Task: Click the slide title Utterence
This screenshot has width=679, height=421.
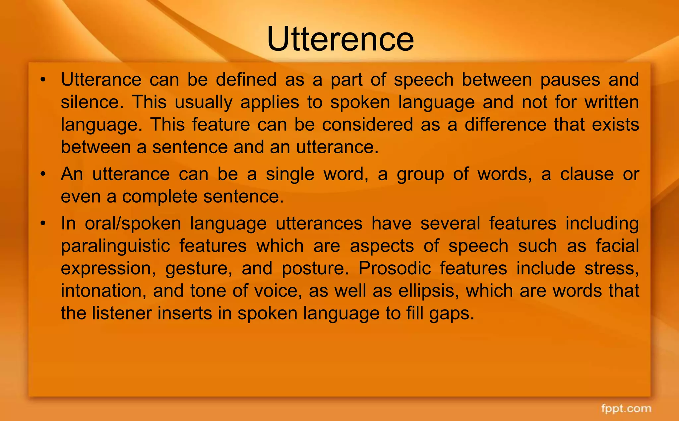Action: tap(340, 39)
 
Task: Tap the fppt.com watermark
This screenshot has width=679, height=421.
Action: tap(626, 408)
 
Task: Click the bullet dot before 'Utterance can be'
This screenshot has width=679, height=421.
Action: tap(43, 80)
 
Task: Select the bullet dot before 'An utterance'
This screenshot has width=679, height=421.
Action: tap(43, 174)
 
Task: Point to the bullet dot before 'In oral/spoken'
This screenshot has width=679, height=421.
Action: tap(43, 223)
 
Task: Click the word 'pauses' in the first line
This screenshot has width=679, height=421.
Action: tap(570, 80)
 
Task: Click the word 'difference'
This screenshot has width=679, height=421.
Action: tap(505, 124)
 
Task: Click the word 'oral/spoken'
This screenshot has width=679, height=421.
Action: tap(133, 223)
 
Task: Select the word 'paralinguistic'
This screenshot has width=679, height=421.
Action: tap(115, 246)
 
